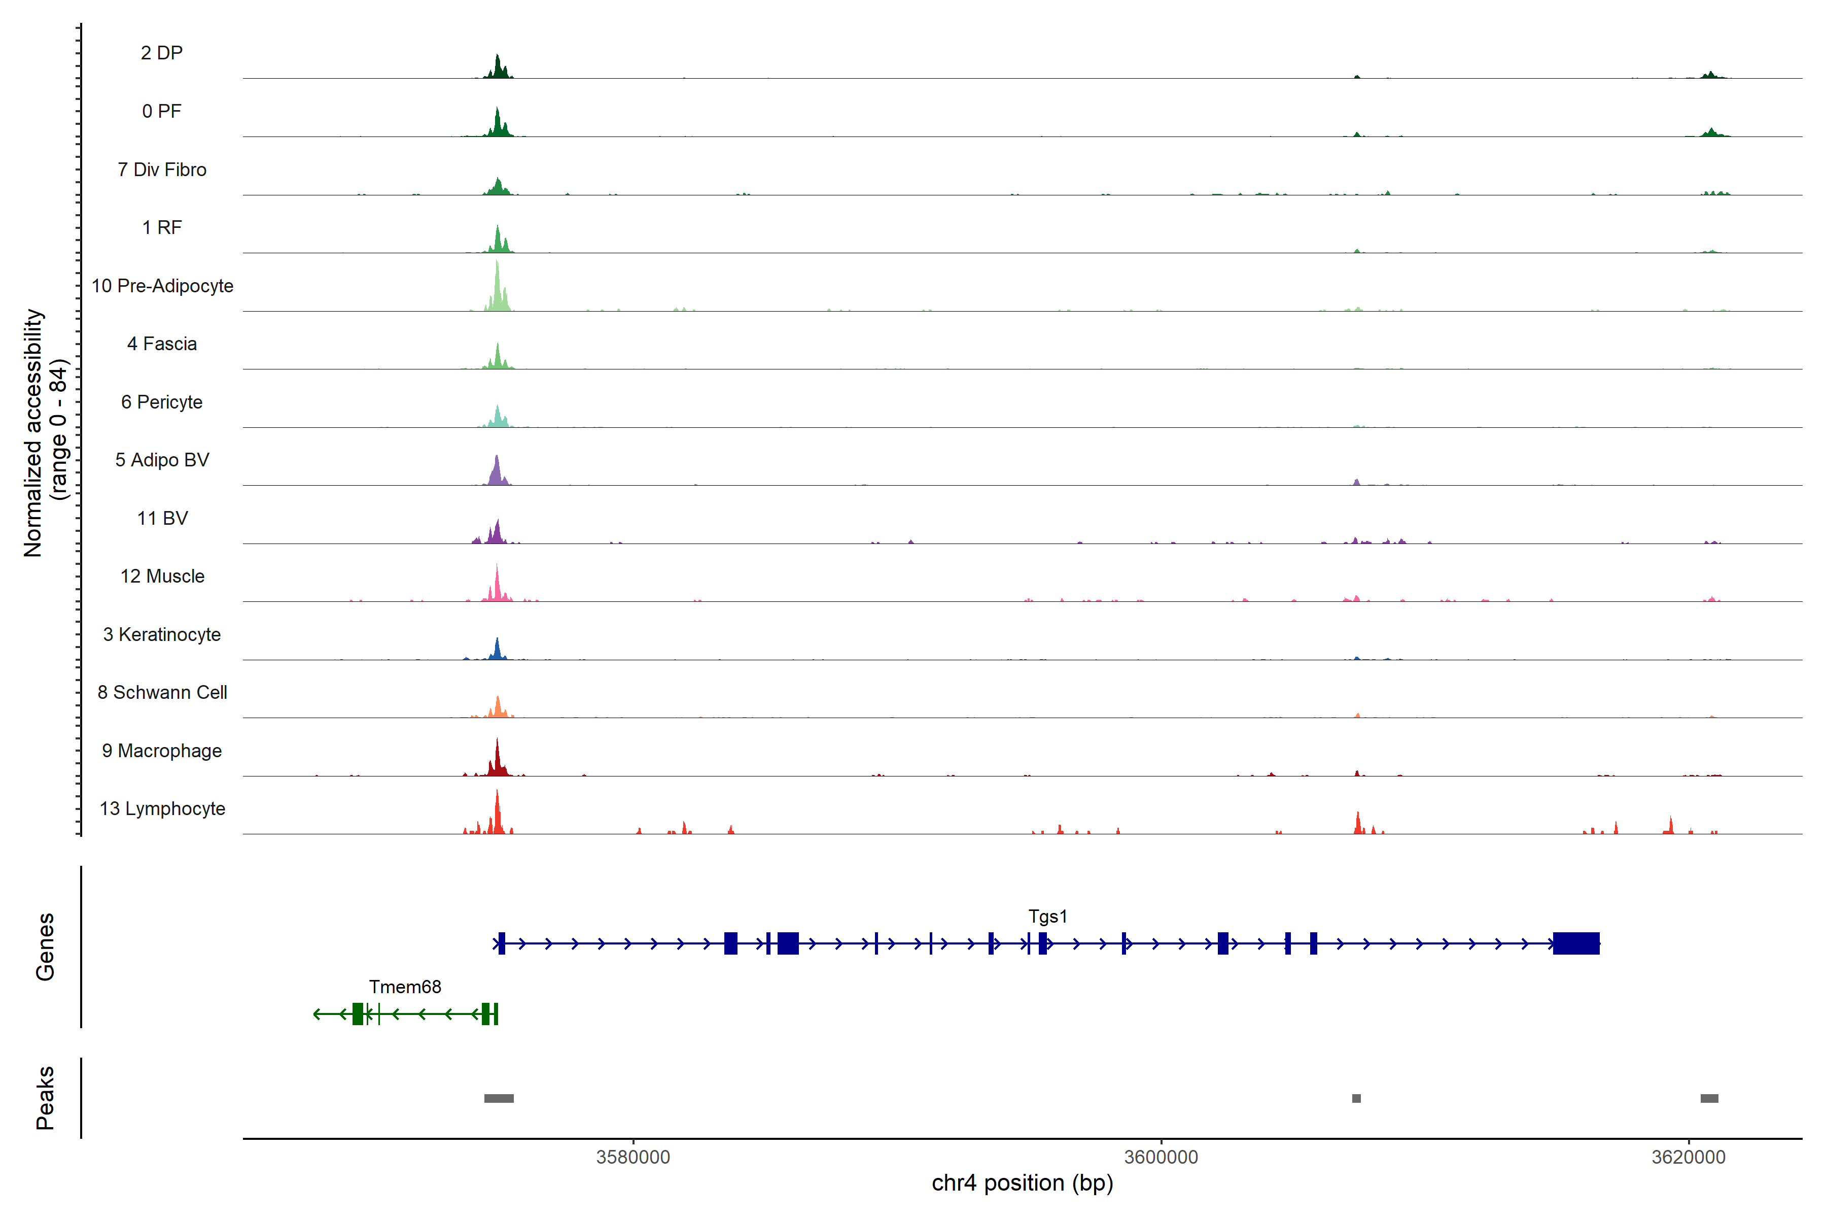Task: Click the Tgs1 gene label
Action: coord(1047,917)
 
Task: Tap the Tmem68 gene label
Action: coord(404,987)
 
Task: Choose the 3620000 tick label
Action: coord(1688,1158)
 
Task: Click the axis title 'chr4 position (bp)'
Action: coord(1022,1183)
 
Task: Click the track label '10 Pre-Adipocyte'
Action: coord(162,286)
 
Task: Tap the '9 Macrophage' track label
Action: coord(162,751)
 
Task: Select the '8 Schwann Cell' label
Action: coord(162,693)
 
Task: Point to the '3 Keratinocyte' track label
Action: coord(162,635)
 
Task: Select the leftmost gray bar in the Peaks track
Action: coord(499,1098)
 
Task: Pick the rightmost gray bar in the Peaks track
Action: coord(1709,1098)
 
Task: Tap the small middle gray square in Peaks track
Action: coord(1356,1098)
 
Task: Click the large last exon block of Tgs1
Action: coord(1576,944)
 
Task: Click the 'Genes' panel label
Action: coord(45,947)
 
